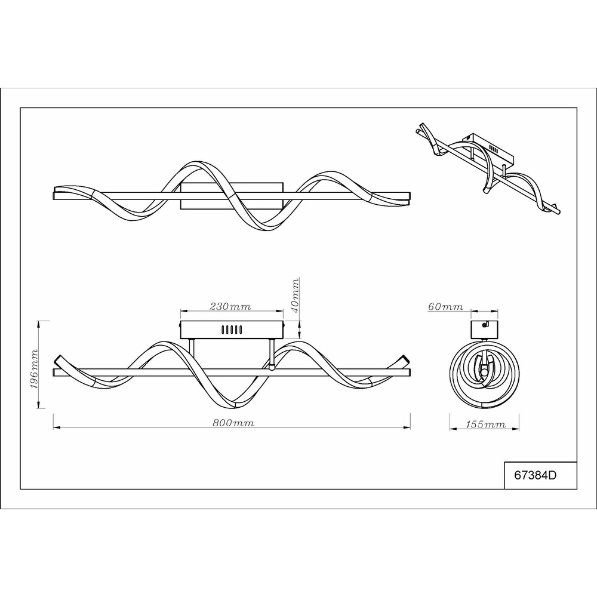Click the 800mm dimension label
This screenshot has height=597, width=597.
[x=233, y=423]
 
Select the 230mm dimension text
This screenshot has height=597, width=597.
[x=230, y=306]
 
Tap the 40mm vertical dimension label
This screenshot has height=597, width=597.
[x=295, y=296]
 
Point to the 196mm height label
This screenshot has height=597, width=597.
[x=34, y=368]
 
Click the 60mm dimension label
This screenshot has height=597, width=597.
[x=446, y=306]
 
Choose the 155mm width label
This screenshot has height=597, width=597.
[x=486, y=424]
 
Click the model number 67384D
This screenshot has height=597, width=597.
[x=536, y=475]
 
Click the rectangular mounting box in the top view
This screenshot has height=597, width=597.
[x=232, y=196]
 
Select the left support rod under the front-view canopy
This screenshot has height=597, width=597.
[x=192, y=353]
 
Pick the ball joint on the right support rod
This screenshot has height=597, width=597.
[x=272, y=367]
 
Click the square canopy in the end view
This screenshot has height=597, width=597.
[x=484, y=330]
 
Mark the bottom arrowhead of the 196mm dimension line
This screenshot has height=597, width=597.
[x=38, y=404]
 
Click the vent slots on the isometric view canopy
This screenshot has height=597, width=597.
[x=494, y=149]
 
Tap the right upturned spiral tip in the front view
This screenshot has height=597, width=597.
[x=404, y=359]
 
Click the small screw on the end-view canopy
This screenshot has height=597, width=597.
[x=485, y=325]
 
